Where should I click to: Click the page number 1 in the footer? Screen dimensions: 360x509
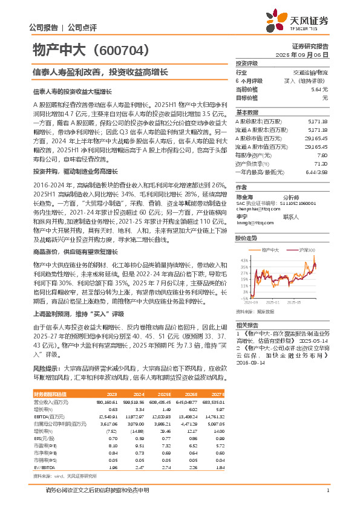327,497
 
